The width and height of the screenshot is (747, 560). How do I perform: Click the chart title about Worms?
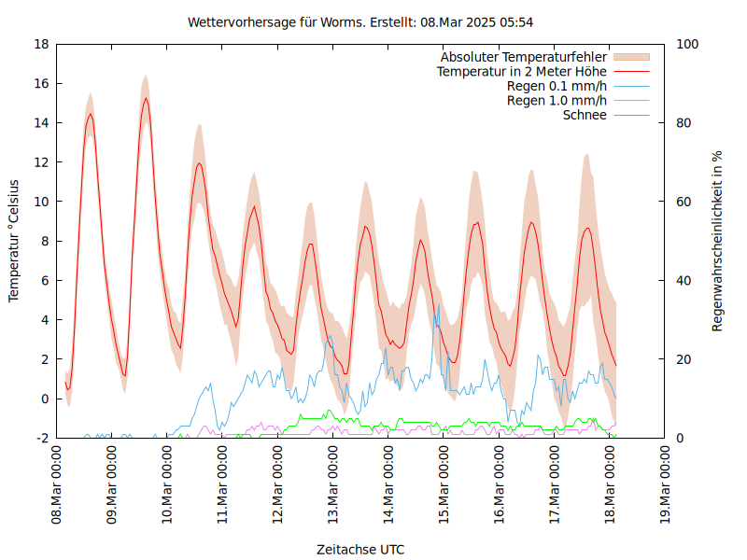360,21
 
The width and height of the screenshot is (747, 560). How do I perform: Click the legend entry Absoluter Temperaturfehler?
524,57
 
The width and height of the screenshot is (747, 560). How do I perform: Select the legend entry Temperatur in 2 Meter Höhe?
522,71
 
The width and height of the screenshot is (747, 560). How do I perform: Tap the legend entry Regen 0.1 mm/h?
557,86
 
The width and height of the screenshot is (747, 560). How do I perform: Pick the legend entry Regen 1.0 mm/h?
557,101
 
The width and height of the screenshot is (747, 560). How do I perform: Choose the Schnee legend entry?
585,115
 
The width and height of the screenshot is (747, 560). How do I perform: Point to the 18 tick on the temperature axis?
41,44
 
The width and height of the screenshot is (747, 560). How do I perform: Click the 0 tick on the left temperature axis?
45,399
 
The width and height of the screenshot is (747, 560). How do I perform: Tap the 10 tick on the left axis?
41,202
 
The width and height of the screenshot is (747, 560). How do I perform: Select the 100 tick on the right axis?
687,44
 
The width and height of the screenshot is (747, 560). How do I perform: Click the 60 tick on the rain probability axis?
684,202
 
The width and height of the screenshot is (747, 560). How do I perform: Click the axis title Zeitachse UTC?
360,549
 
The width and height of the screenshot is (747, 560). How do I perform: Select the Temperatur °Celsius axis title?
14,241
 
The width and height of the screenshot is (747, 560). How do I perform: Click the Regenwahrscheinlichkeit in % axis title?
718,241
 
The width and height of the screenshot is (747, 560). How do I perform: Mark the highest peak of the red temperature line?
146,98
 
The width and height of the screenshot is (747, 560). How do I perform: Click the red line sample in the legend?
631,71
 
